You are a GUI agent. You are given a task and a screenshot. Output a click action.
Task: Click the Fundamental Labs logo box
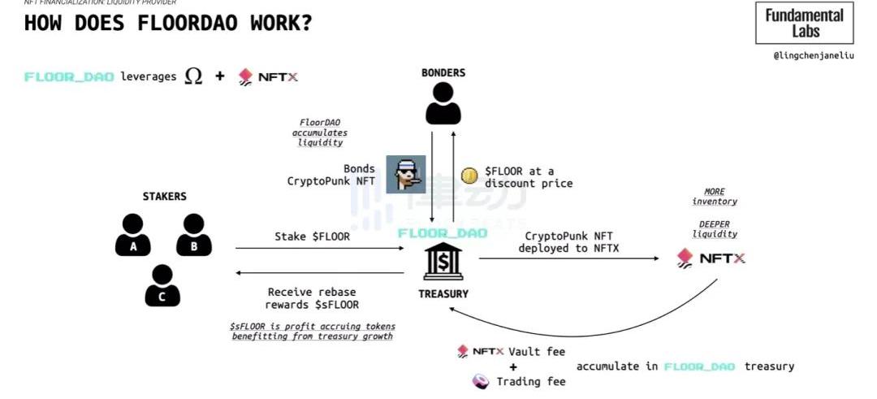(804, 23)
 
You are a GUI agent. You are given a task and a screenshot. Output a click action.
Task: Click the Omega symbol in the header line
(193, 76)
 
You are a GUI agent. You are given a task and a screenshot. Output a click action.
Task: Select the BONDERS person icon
(443, 103)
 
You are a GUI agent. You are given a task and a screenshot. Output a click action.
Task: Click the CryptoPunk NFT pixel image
(405, 174)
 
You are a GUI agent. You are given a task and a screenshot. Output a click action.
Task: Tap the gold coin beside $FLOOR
(469, 176)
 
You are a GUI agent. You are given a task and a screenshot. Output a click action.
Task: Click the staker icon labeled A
(133, 235)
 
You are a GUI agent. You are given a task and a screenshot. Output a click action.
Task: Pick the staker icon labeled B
(193, 235)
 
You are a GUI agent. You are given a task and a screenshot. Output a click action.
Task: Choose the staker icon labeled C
(162, 285)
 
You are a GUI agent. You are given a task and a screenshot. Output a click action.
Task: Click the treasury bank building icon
(443, 262)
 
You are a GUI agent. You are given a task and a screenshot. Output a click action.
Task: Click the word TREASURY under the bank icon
(443, 293)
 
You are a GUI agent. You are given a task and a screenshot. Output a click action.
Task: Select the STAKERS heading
(164, 197)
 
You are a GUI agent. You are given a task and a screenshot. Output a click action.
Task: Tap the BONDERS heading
(443, 73)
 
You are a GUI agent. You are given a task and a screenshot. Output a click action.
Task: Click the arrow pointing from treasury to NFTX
(568, 259)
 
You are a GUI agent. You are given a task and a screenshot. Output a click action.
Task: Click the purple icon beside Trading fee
(481, 381)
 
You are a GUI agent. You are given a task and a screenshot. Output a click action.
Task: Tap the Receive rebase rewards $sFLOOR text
(312, 298)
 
